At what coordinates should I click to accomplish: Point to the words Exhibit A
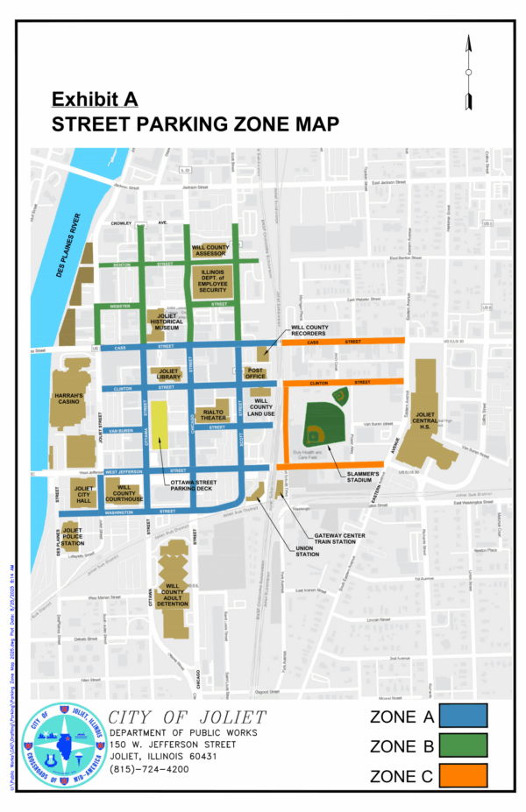(94, 98)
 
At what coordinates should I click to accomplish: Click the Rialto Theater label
(214, 414)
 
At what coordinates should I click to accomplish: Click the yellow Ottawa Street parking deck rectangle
(160, 425)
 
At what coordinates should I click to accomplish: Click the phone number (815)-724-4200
(148, 769)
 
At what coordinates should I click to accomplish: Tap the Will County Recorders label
(309, 330)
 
